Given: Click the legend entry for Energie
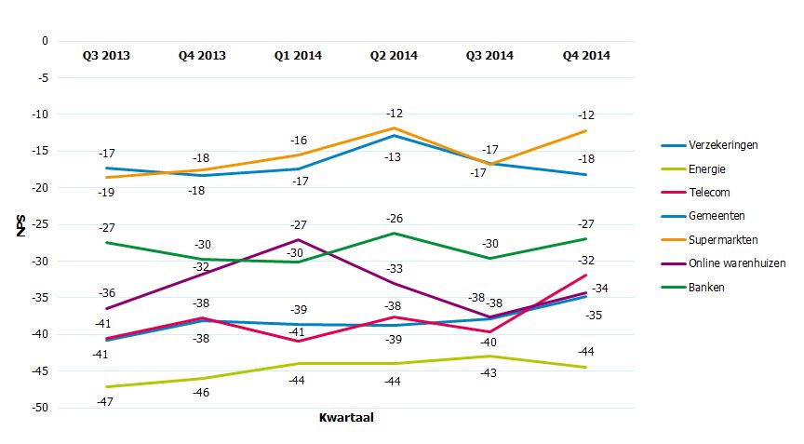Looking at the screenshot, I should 706,169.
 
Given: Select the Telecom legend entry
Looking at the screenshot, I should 709,193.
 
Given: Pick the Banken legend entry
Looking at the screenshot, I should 706,288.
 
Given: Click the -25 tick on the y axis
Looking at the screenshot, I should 39,224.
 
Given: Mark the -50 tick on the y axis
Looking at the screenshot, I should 39,408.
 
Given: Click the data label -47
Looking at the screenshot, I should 106,401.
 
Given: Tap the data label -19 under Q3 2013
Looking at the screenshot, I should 106,192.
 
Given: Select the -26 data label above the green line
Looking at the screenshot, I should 394,219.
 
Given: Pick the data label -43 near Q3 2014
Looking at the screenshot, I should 489,372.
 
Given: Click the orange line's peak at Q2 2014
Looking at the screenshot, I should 394,128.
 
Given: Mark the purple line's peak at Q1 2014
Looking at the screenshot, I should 298,239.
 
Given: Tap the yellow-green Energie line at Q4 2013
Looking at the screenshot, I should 202,378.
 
